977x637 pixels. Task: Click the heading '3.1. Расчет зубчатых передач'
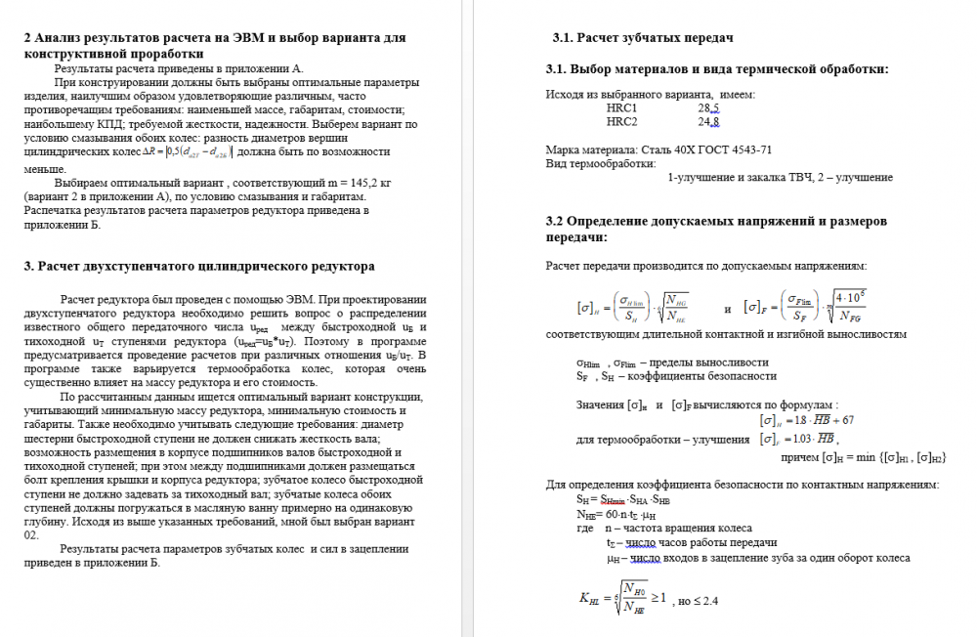pos(643,38)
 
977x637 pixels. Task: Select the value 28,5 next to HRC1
pos(708,108)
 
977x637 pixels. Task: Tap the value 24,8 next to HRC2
pos(708,122)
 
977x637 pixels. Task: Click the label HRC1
pos(621,108)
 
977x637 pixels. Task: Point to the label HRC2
pos(621,122)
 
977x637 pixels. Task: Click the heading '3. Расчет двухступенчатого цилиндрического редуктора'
pos(198,266)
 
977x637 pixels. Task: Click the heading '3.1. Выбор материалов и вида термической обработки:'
pos(717,69)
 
